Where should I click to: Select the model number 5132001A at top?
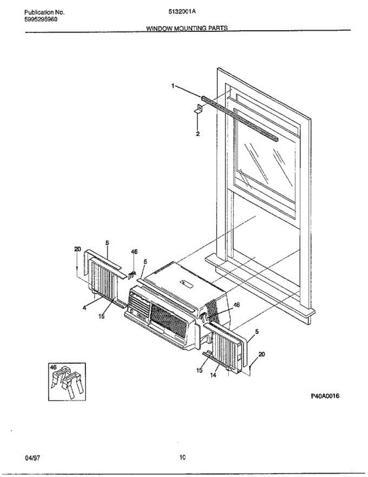click(182, 12)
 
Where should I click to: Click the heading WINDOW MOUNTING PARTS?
click(187, 28)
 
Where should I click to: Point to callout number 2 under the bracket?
click(197, 134)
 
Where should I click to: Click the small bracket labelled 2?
click(199, 109)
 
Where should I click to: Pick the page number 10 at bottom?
click(182, 458)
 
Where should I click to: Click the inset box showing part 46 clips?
click(67, 382)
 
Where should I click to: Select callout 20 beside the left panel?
click(77, 249)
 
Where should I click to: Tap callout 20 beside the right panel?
click(262, 354)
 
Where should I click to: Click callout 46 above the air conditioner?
click(134, 252)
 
